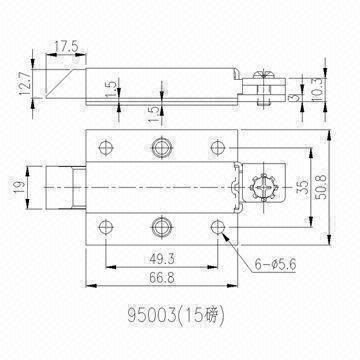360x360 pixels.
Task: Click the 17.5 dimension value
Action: coord(66,45)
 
